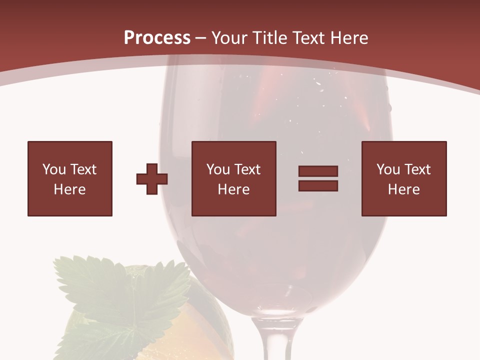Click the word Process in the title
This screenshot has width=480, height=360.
pos(157,37)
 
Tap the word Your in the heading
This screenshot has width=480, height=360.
pos(231,37)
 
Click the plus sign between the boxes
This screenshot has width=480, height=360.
pos(152,178)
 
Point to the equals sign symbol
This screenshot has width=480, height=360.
pos(318,178)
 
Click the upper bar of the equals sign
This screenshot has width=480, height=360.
pos(318,171)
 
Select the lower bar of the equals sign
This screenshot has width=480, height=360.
pos(318,185)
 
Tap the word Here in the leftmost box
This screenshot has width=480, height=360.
pos(69,189)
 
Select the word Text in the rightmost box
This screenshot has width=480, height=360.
pos(417,169)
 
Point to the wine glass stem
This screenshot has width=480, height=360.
pos(270,340)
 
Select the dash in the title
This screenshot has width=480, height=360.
pos(201,38)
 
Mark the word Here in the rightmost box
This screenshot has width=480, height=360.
pos(403,189)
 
